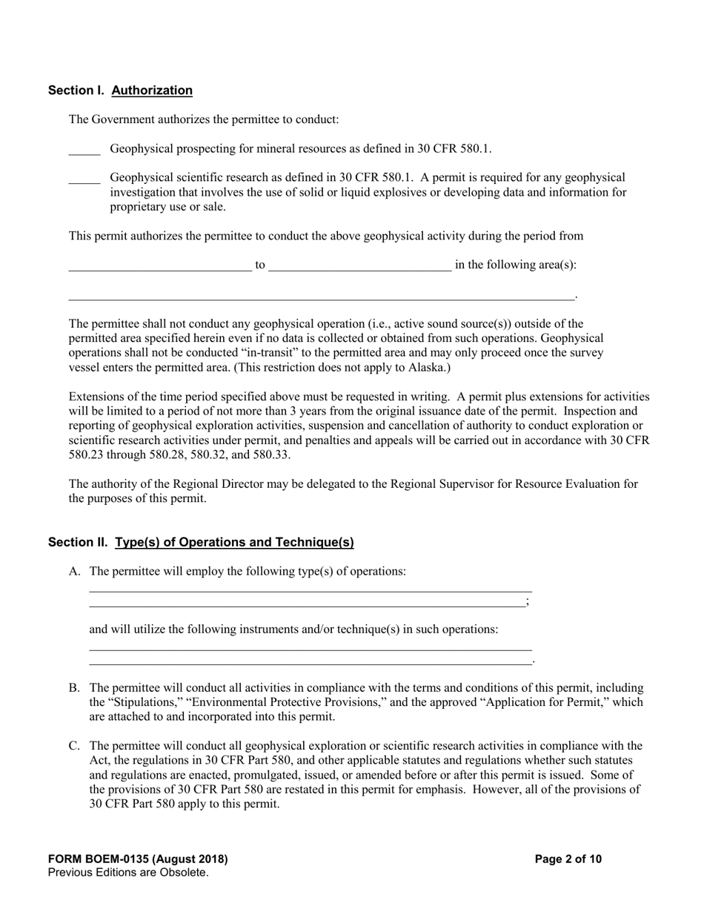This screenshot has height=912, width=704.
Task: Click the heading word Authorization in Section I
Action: (x=152, y=90)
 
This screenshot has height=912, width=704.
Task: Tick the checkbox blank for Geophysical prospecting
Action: (x=84, y=151)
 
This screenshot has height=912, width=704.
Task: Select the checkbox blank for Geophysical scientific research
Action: (x=84, y=179)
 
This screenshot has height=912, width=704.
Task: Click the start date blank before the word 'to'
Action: (x=160, y=267)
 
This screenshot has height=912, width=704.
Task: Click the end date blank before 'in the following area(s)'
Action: (x=359, y=267)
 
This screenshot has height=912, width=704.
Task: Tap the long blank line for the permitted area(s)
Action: (x=322, y=297)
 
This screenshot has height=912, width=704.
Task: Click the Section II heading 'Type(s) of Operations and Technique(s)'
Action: (x=234, y=543)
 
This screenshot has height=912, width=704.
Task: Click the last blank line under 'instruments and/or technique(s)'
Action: (x=311, y=662)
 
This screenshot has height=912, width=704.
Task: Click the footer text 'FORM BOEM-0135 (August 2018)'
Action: (x=138, y=859)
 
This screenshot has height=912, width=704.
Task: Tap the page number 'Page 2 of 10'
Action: (x=568, y=859)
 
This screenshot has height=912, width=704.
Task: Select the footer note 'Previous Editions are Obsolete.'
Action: (x=128, y=873)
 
